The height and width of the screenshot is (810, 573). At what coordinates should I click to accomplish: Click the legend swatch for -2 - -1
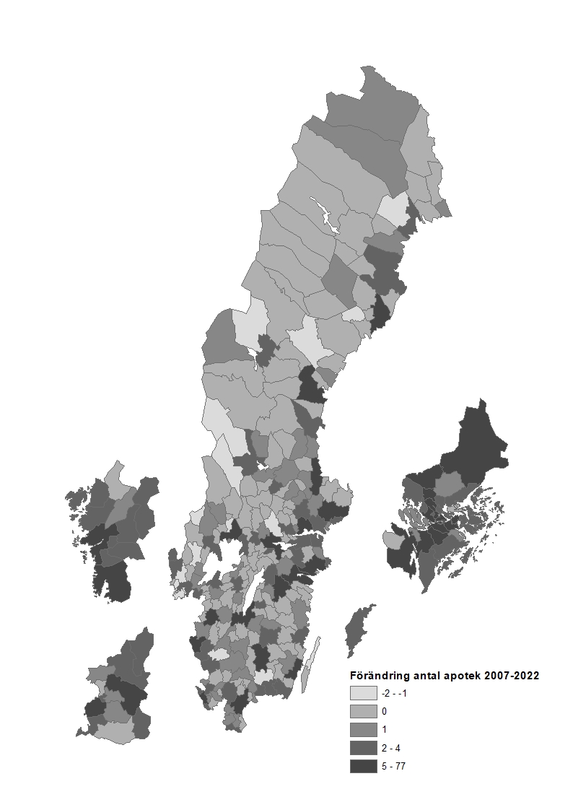363,693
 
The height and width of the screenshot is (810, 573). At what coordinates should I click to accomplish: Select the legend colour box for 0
363,711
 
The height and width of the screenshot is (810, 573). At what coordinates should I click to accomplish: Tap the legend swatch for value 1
363,729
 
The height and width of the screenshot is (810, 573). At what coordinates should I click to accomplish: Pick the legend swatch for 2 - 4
363,748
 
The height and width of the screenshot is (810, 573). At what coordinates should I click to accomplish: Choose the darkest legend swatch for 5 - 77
363,766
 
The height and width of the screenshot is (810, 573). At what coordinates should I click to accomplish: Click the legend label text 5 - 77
393,767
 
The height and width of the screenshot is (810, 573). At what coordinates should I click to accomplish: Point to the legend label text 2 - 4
391,748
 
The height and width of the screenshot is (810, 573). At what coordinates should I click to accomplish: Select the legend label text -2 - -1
394,693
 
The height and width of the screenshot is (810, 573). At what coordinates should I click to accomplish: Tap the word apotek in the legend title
463,676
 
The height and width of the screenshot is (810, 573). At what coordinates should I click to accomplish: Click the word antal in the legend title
428,676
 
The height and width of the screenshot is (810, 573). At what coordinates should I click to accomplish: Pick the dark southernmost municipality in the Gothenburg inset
114,581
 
